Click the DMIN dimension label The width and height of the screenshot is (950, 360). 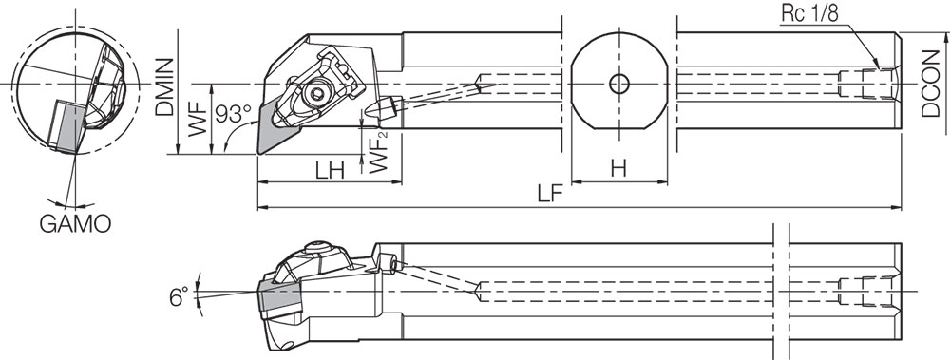pyautogui.click(x=164, y=86)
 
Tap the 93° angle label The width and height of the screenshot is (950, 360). pyautogui.click(x=233, y=114)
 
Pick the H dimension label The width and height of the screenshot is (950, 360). pyautogui.click(x=618, y=168)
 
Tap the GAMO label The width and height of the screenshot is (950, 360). pyautogui.click(x=75, y=224)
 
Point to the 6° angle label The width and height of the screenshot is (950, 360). pyautogui.click(x=178, y=297)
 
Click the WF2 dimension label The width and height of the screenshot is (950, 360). pyautogui.click(x=379, y=150)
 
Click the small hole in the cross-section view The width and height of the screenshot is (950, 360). pyautogui.click(x=618, y=84)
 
